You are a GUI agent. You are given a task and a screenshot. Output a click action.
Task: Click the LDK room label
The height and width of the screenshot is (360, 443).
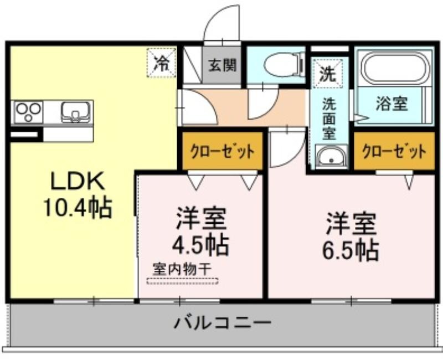pyautogui.click(x=77, y=181)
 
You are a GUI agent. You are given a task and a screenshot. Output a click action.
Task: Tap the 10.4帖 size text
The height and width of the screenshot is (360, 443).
pyautogui.click(x=77, y=208)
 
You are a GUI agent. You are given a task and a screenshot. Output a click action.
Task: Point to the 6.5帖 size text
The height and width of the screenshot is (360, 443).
pyautogui.click(x=351, y=250)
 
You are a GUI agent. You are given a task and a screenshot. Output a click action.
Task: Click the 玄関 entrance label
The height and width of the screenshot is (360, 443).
pyautogui.click(x=223, y=65)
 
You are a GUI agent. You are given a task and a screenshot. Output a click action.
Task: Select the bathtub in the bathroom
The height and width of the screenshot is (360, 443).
pyautogui.click(x=395, y=68)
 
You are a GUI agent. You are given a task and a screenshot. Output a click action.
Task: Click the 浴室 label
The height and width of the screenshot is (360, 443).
pyautogui.click(x=392, y=104)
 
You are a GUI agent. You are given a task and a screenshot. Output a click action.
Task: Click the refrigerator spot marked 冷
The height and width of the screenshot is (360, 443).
pyautogui.click(x=161, y=63)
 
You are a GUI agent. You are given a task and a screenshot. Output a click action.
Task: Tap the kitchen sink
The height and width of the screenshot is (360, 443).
pyautogui.click(x=76, y=112)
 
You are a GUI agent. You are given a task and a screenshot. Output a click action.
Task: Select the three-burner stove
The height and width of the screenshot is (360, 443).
pyautogui.click(x=28, y=112)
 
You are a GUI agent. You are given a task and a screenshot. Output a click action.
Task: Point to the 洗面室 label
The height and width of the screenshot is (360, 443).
pyautogui.click(x=329, y=119)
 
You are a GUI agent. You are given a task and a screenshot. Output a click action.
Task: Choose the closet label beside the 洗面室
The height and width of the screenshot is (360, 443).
pyautogui.click(x=394, y=152)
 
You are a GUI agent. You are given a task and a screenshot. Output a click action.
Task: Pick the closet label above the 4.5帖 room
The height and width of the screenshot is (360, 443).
pyautogui.click(x=223, y=152)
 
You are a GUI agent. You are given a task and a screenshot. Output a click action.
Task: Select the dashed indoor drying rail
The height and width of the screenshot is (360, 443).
pyautogui.click(x=183, y=281)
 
